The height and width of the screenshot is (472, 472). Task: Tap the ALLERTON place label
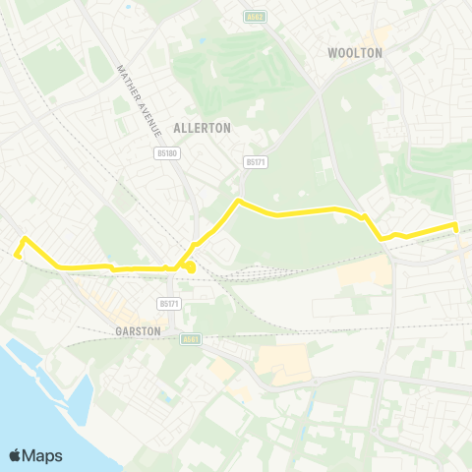pos(202,128)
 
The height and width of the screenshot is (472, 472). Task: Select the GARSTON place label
pos(138,332)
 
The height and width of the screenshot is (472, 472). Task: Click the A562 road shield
pos(256,16)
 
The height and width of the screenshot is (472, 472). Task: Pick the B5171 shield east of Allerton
pos(256,161)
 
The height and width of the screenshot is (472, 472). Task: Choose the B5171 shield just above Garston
pos(170,304)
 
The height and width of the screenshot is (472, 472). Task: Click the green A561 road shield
pos(191,339)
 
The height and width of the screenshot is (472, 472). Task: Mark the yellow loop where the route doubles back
pos(188,265)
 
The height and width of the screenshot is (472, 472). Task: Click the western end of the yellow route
pos(16,255)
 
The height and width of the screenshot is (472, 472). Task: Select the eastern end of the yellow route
pos(456,226)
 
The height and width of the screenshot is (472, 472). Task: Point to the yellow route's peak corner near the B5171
pos(238,202)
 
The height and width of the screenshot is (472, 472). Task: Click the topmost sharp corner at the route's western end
pos(25,239)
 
